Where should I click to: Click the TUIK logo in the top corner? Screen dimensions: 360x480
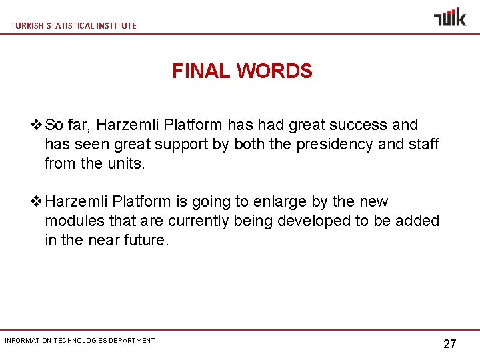point(450,17)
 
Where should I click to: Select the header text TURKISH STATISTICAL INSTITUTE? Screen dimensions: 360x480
point(73,25)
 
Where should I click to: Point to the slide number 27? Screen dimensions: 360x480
point(450,344)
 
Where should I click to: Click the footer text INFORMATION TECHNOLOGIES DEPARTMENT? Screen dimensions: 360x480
point(80,341)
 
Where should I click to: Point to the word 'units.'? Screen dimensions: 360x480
point(125,163)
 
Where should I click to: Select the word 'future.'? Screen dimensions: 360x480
point(147,240)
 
